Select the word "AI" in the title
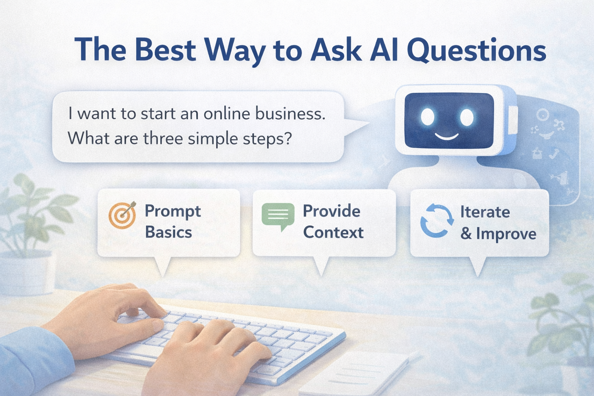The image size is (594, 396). point(383,50)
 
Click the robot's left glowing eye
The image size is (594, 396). point(428,116)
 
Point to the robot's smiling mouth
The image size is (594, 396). point(447,137)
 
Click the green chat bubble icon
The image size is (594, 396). point(278,215)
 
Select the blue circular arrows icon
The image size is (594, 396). point(437,220)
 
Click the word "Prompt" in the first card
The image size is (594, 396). point(172,212)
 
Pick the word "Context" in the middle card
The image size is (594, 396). point(333,232)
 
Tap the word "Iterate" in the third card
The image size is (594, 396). point(485,212)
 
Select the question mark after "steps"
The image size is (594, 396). point(287,138)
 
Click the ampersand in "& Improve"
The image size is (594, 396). point(466,234)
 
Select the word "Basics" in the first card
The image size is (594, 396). point(168,232)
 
